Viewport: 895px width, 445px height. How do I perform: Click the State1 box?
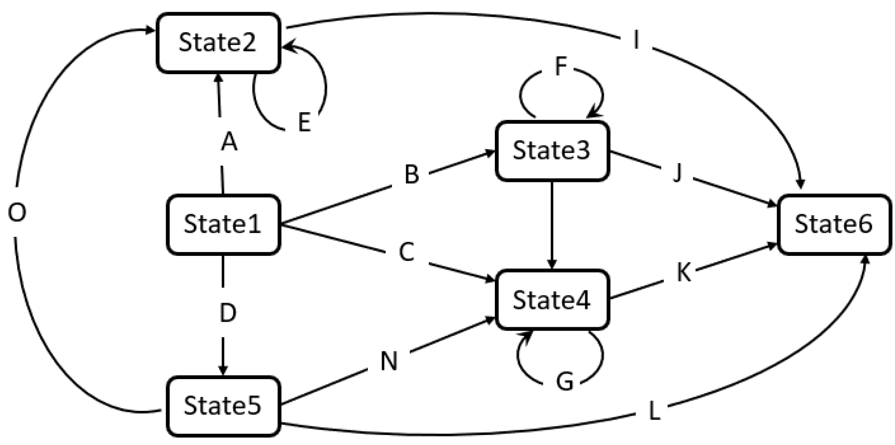click(223, 224)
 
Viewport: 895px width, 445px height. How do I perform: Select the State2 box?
click(218, 43)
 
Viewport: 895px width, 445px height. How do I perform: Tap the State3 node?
click(552, 150)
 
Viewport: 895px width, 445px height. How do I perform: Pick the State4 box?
click(552, 300)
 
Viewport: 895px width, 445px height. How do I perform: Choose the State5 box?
click(223, 405)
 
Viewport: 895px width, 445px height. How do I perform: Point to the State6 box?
click(834, 224)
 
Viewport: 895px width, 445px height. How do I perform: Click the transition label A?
click(229, 142)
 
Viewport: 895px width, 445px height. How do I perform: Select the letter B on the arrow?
click(412, 175)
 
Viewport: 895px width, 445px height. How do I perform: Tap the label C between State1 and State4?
click(406, 252)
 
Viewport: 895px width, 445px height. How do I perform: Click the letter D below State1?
click(228, 313)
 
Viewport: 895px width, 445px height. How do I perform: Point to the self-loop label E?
click(304, 123)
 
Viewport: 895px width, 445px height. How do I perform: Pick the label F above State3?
click(561, 66)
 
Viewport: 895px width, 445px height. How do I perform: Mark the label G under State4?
click(565, 382)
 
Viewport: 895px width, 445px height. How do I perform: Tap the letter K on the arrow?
click(684, 273)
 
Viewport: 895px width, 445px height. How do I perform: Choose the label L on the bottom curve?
click(654, 412)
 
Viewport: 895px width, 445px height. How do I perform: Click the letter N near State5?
click(389, 362)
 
